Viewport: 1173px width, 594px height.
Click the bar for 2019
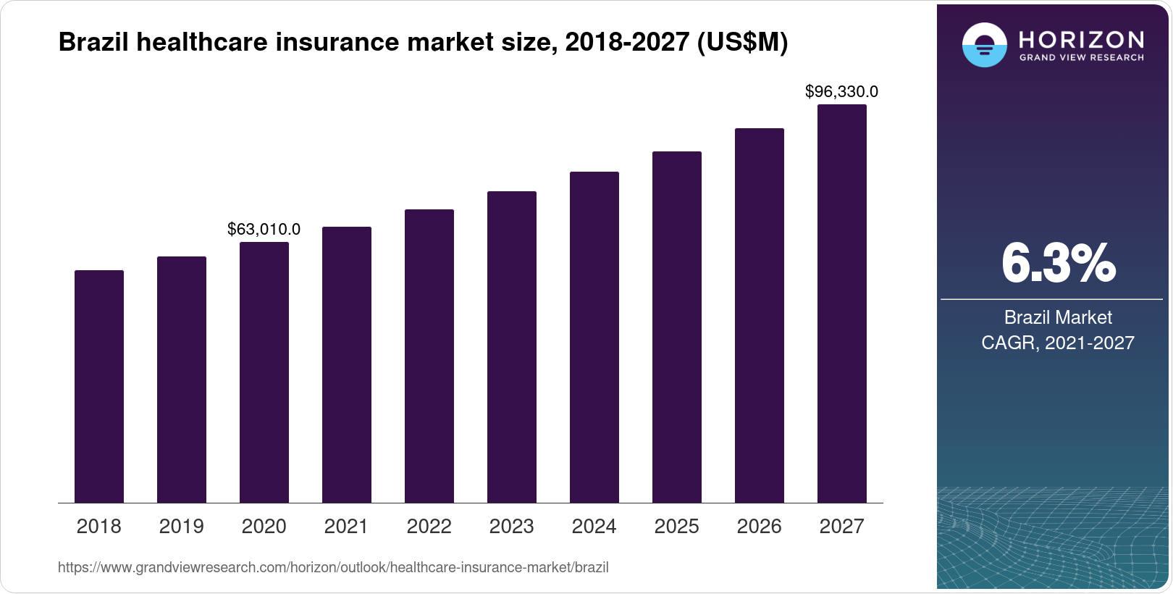point(182,380)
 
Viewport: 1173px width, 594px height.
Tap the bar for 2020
point(264,372)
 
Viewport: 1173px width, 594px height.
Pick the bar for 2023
point(512,347)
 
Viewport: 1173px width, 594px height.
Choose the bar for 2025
point(677,327)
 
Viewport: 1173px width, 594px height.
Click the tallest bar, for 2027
point(842,304)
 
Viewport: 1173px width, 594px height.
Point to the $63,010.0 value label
point(264,230)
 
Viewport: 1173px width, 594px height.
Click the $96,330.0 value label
point(841,92)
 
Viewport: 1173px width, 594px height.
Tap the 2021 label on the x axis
point(346,526)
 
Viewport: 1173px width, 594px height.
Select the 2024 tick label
point(594,526)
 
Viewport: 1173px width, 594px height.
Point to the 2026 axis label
point(759,526)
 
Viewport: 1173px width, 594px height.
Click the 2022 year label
point(429,526)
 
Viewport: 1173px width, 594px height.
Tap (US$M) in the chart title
point(741,42)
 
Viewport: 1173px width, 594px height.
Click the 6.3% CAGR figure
point(1058,264)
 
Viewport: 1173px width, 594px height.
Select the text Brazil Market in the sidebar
point(1058,317)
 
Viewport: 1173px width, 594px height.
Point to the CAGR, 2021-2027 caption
point(1058,343)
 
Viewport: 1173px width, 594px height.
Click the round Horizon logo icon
point(984,45)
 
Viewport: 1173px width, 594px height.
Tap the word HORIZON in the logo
point(1081,39)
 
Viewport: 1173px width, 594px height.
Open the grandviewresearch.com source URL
point(333,567)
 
